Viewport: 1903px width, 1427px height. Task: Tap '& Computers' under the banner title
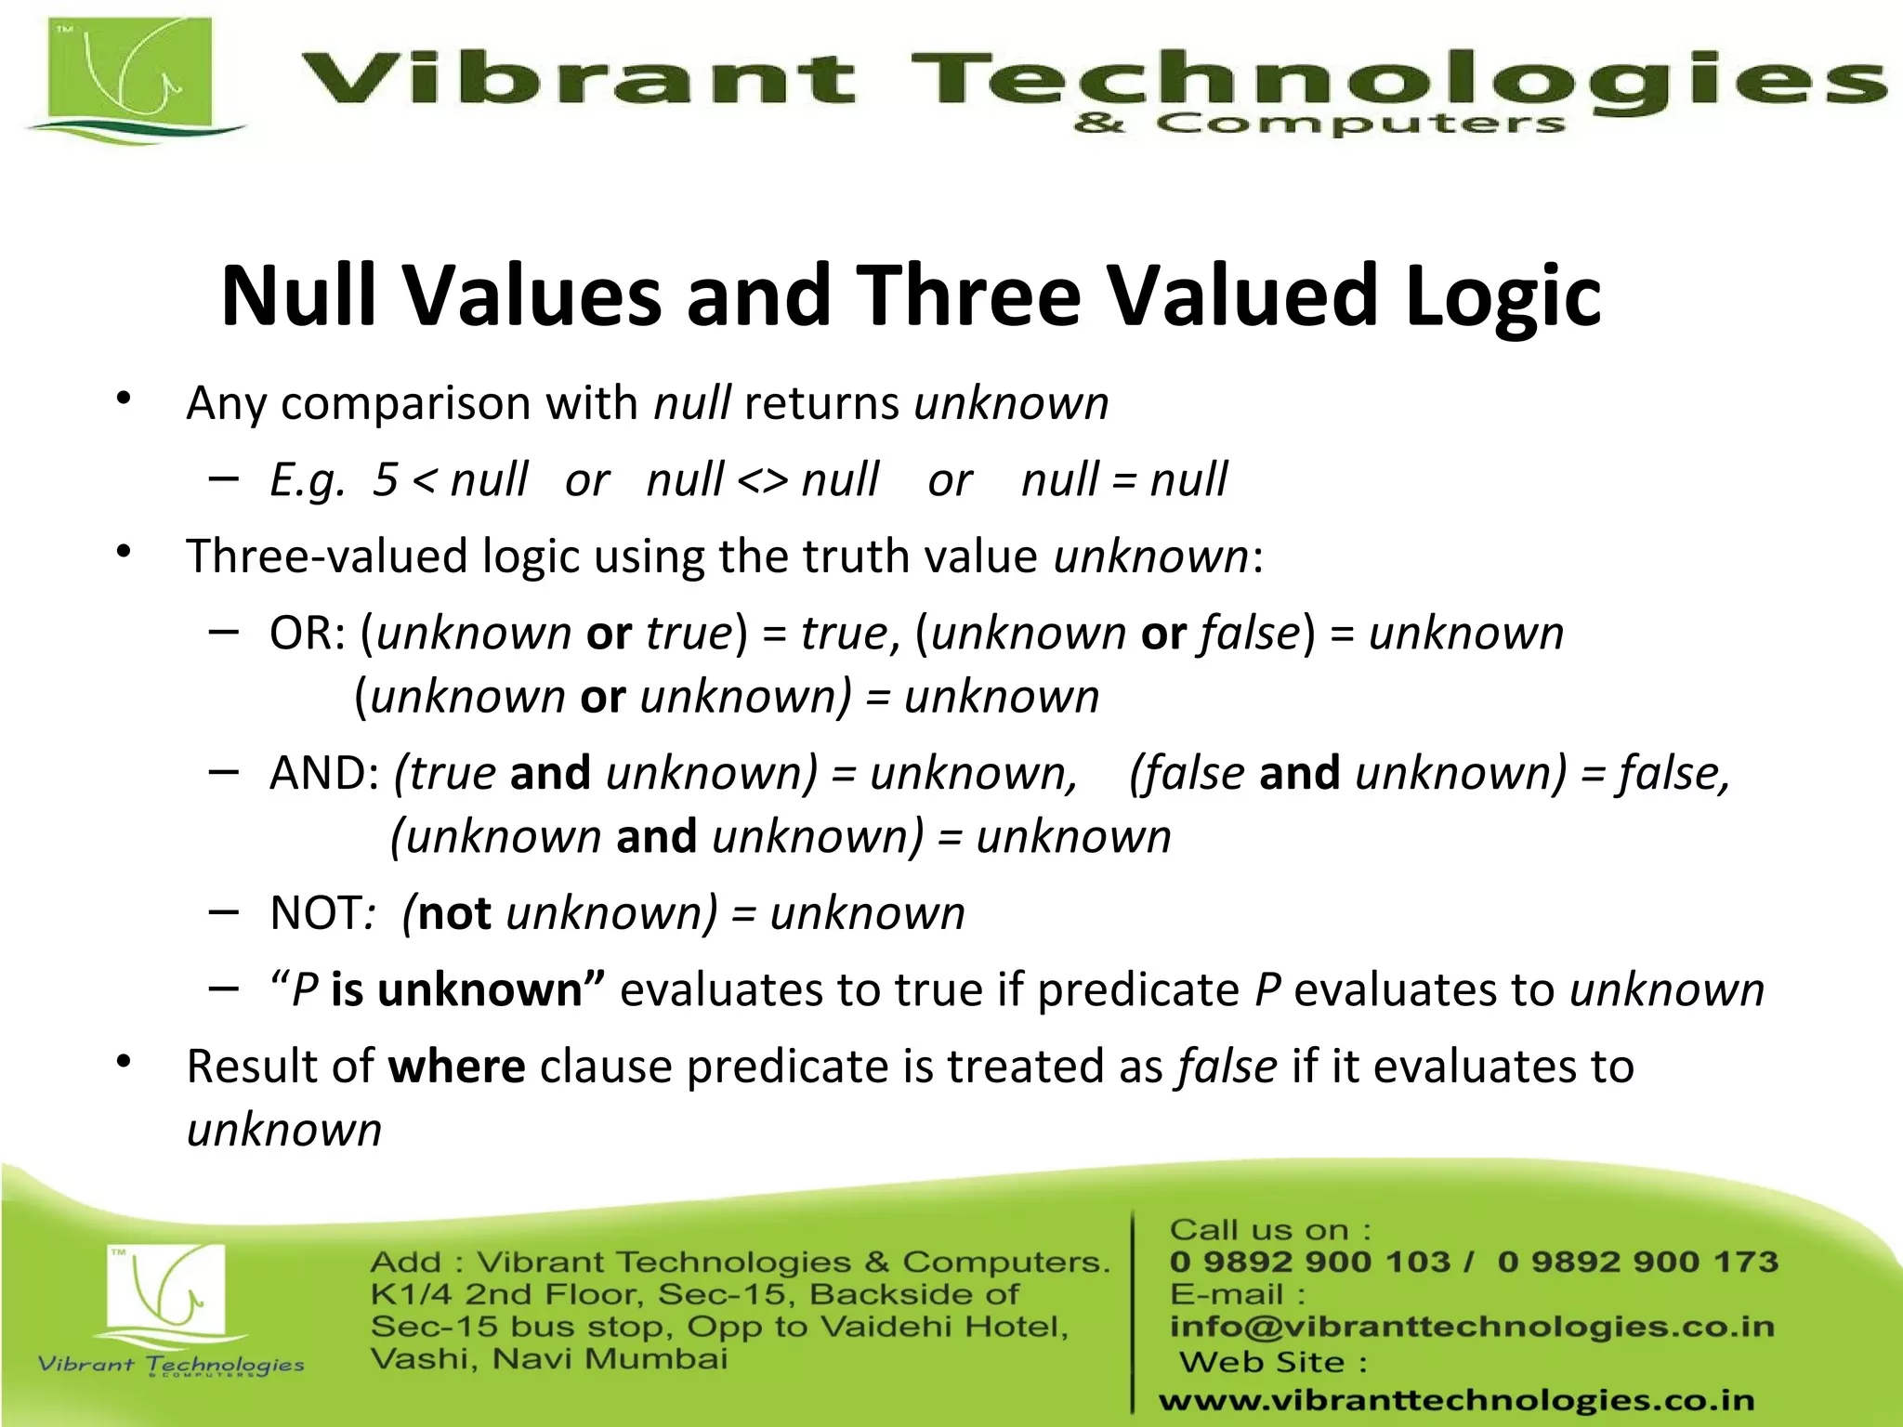coord(1319,124)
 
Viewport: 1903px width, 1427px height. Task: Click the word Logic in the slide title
coord(1503,295)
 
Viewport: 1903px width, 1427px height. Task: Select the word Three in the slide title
coord(967,295)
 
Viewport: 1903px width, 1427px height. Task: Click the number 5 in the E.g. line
coord(385,480)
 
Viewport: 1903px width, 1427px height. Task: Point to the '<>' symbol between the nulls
coord(762,480)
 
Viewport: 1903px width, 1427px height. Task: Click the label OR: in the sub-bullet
coord(307,634)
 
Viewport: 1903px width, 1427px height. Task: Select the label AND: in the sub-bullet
coord(324,774)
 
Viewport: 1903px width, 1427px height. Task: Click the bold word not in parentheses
coord(454,913)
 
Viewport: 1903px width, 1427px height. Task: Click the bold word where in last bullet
coord(456,1067)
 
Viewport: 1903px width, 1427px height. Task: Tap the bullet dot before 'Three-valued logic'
coord(124,553)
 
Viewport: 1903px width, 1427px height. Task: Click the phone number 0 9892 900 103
coord(1309,1262)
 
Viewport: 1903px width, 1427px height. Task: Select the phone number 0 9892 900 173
coord(1637,1262)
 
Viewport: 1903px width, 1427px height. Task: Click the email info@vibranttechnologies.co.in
coord(1472,1327)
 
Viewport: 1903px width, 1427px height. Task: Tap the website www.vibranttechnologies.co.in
coord(1456,1400)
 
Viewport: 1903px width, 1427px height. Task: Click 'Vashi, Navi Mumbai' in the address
coord(548,1359)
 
